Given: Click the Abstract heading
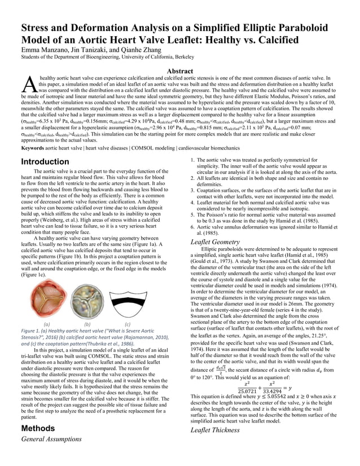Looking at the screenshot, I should coord(179,71).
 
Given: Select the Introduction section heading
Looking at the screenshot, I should coord(45,162).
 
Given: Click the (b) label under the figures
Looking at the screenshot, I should coord(87,324).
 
